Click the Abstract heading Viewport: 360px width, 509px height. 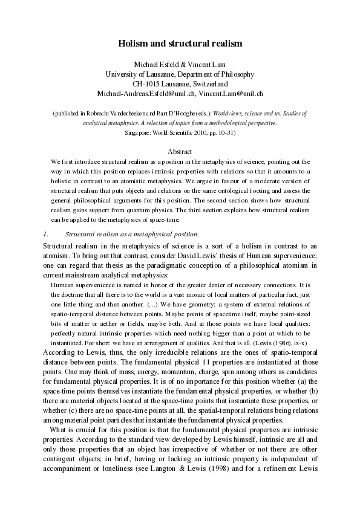pos(180,152)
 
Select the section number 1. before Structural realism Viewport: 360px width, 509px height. pos(45,233)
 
